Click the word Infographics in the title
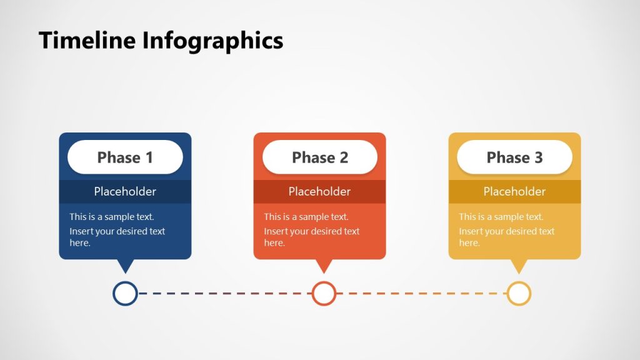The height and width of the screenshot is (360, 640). point(212,41)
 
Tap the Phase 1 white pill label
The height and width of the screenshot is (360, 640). point(125,157)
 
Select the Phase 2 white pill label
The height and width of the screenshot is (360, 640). point(320,157)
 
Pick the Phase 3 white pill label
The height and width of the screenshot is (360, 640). point(514,157)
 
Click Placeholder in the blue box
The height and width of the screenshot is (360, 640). point(125,191)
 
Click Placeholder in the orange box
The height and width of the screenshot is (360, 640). point(319,191)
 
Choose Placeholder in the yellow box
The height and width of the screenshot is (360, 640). point(514,191)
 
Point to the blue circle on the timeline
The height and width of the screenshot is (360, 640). point(125,293)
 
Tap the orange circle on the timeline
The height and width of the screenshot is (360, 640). point(324,293)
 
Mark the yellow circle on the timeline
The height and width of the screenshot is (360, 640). point(519,293)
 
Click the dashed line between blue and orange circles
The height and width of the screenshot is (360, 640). point(225,293)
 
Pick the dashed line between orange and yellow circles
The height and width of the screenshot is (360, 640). point(422,293)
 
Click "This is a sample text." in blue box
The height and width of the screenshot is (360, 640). point(112,217)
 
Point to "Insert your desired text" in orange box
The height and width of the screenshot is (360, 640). point(312,231)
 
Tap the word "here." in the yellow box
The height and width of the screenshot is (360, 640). point(469,242)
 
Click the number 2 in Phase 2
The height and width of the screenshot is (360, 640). point(343,157)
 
